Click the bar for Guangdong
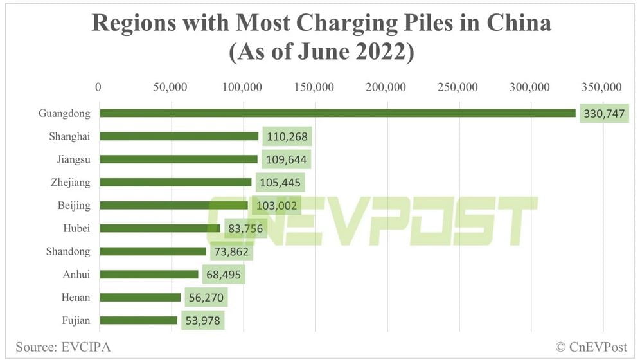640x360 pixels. (337, 113)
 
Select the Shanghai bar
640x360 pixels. (179, 136)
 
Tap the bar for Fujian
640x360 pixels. (139, 320)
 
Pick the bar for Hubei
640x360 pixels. (160, 228)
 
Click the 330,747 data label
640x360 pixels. (603, 114)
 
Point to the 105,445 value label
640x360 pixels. (280, 183)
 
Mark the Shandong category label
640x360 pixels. (68, 251)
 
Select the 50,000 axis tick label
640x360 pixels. (170, 87)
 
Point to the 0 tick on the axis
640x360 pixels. (98, 87)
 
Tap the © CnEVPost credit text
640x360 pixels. (591, 346)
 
